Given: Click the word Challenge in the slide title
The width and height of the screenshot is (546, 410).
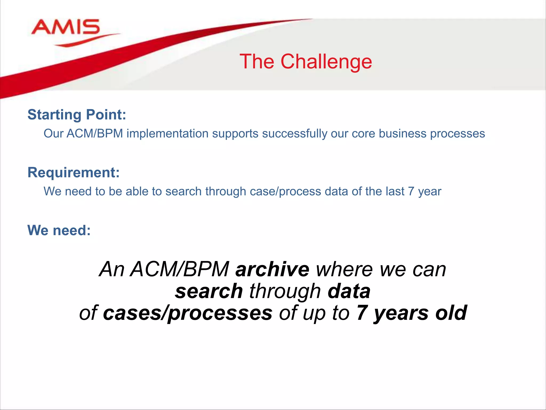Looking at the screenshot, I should tap(326, 62).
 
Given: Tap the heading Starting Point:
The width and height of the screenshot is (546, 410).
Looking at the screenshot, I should tap(77, 115).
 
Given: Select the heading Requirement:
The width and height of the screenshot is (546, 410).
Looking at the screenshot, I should tap(74, 172).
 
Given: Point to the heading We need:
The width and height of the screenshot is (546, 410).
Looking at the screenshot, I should tap(59, 230).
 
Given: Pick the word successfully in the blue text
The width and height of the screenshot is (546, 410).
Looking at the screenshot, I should tap(295, 134).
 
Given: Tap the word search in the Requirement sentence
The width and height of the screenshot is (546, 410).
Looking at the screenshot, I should tap(183, 192).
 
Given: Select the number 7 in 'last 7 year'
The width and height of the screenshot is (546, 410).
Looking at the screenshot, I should tap(411, 192).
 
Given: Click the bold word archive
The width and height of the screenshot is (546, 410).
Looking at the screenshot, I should tap(272, 269).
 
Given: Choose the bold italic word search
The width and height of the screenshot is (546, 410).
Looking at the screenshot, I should tap(209, 291).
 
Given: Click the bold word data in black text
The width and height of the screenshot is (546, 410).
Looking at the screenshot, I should tap(349, 291).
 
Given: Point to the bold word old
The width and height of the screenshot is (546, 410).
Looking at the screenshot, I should tap(451, 313).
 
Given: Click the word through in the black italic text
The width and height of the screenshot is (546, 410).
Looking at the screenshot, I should tap(285, 291).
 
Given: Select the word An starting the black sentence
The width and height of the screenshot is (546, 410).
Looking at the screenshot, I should tap(112, 269).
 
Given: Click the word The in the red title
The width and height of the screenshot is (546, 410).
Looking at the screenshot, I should tap(257, 62).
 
